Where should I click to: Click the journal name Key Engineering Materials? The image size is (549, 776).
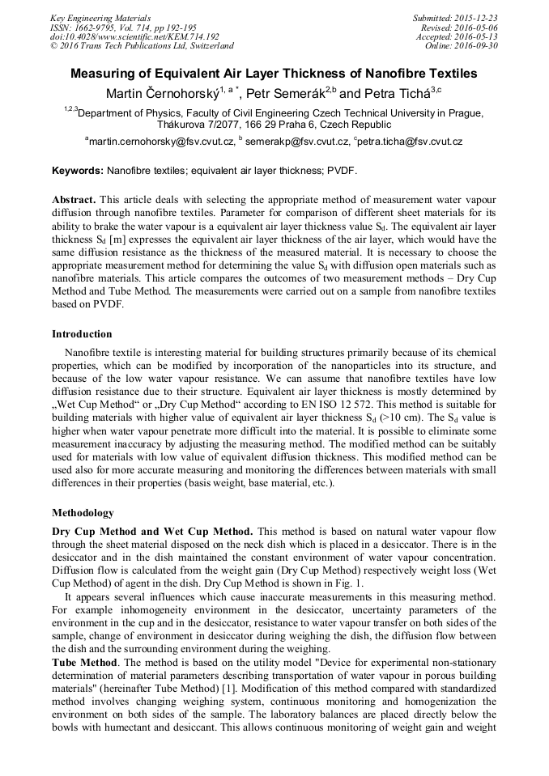[x=100, y=18]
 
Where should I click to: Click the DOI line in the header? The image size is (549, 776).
[x=134, y=36]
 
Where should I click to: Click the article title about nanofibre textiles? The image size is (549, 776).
[x=274, y=74]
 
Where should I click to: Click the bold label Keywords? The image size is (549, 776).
[x=78, y=171]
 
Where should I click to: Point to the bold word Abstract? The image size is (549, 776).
[x=74, y=199]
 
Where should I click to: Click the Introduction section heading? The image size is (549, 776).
[x=82, y=334]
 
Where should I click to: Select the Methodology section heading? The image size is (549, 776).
[x=83, y=513]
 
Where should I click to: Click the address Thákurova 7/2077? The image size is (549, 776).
[x=200, y=125]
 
